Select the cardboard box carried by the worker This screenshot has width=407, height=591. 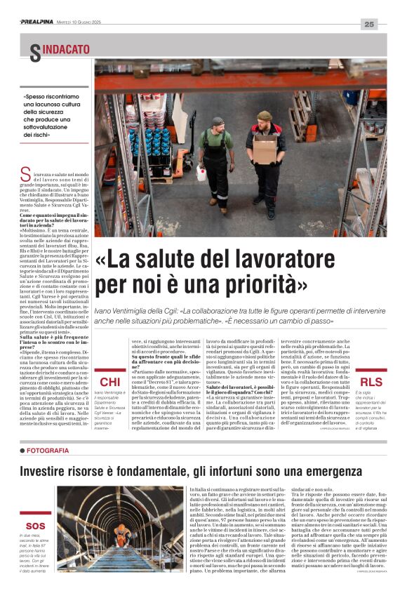point(264,149)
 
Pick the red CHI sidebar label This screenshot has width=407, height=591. point(109,383)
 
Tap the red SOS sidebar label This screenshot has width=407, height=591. point(34,526)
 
